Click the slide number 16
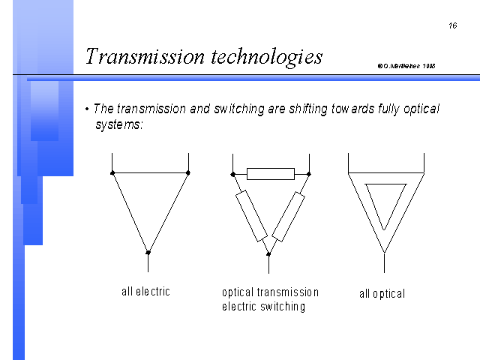coord(453,25)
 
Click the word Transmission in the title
coord(145,56)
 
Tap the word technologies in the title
coord(267,57)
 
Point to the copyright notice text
coord(406,66)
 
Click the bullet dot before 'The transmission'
coord(87,109)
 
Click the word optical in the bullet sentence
coord(421,109)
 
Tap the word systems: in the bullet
coord(119,124)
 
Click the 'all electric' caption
coord(145,292)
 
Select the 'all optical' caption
coord(382,294)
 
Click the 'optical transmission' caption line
coord(270,292)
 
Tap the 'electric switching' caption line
coord(263,307)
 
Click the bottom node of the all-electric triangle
coord(148,253)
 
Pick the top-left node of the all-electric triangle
coord(112,173)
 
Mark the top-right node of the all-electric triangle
coord(188,173)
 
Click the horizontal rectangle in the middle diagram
coord(271,174)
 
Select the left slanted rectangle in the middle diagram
coord(252,216)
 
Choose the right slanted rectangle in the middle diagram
coord(288,217)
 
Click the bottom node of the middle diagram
coord(268,253)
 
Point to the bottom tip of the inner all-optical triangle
coord(384,229)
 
